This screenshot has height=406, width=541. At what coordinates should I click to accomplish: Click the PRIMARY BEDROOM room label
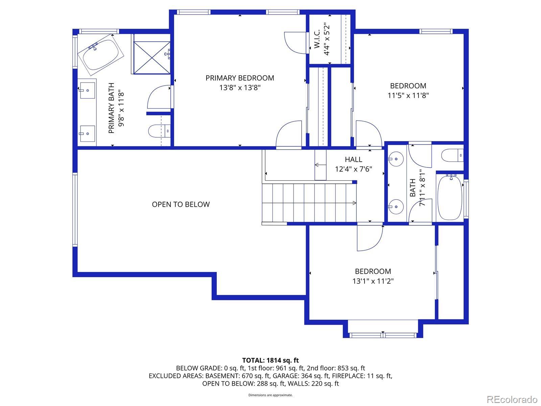(240, 78)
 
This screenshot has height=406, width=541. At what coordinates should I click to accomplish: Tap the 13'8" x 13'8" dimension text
(240, 88)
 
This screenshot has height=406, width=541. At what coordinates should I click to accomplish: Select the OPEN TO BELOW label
(181, 204)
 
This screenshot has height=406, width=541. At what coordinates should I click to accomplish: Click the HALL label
(353, 159)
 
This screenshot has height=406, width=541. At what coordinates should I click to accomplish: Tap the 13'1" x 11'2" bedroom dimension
(373, 281)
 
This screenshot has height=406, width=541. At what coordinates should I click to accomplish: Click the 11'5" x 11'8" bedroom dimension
(408, 95)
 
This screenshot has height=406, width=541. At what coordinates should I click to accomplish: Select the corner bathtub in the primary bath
(100, 55)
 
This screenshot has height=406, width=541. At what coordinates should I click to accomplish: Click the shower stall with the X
(151, 58)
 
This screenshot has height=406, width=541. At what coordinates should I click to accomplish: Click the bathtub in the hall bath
(450, 198)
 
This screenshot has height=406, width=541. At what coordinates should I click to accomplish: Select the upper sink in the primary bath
(87, 90)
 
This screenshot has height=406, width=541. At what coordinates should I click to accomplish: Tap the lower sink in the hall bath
(395, 207)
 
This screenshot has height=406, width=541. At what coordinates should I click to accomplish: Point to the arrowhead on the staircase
(354, 203)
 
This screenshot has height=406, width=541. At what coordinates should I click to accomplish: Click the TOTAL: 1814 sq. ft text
(270, 360)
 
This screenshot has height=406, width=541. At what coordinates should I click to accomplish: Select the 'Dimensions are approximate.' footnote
(270, 395)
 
